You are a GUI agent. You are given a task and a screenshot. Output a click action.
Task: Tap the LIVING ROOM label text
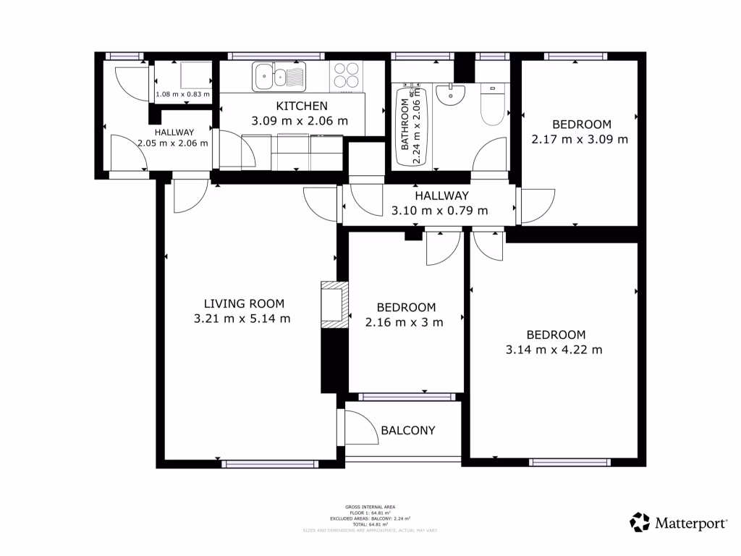(243, 303)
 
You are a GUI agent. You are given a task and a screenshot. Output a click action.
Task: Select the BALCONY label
(408, 431)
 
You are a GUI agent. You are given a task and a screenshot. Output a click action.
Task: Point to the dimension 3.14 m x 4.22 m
(554, 350)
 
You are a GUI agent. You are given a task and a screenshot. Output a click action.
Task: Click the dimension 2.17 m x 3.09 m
(580, 139)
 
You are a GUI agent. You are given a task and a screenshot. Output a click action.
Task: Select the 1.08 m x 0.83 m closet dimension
(183, 94)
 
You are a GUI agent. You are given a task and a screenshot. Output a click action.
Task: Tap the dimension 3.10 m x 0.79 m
(439, 211)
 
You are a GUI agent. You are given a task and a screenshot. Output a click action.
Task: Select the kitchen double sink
(279, 76)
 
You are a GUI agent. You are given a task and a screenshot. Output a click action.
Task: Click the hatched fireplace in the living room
(334, 305)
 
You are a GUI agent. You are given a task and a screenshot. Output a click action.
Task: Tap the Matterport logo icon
(640, 522)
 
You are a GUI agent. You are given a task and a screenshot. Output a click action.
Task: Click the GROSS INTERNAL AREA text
(370, 507)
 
